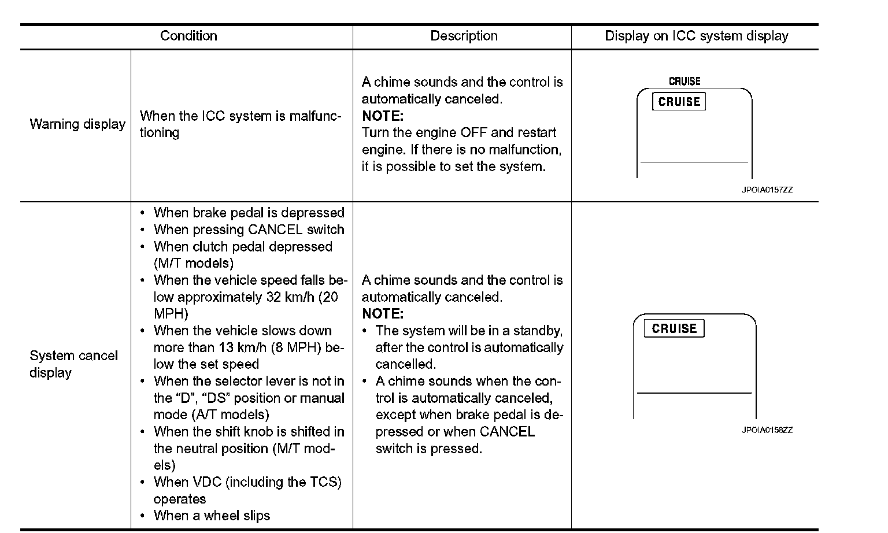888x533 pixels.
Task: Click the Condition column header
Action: (188, 36)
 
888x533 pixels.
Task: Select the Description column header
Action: (464, 36)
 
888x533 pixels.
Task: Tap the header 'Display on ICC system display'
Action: (696, 36)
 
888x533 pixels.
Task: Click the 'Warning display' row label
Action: (77, 124)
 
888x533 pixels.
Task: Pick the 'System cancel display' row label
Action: (73, 364)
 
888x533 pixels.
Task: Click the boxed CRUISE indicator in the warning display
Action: (679, 102)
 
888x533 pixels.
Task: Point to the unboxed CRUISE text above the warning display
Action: (684, 82)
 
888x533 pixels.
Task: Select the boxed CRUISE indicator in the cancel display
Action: (674, 328)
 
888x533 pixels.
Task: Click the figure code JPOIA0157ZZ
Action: (767, 190)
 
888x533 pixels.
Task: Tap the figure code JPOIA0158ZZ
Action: (767, 430)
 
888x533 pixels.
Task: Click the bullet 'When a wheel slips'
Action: (212, 516)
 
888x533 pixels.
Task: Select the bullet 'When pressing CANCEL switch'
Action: (249, 230)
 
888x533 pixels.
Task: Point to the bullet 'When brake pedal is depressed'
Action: (249, 213)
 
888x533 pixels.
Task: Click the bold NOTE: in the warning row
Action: (382, 116)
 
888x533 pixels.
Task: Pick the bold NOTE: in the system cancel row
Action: (382, 314)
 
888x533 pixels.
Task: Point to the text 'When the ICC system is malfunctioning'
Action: (240, 124)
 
